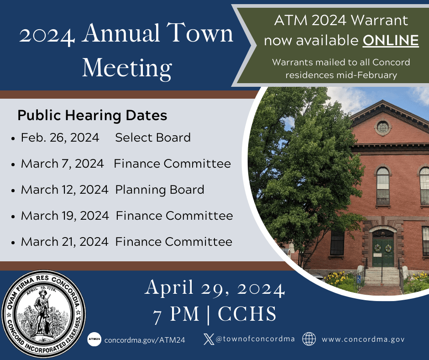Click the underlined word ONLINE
pos(391,41)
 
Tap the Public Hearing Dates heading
pos(92,116)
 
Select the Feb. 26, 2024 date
pos(60,138)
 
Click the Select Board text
pos(153,138)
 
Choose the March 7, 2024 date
pos(62,164)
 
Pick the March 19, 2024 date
pos(65,216)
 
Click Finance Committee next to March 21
pos(173,242)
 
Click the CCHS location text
pos(247,314)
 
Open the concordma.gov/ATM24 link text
pos(145,340)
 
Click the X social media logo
pos(208,339)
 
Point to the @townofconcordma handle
pos(255,339)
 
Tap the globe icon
pos(309,339)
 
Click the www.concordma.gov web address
pos(363,339)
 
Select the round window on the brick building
pos(383,127)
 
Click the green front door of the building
pos(382,253)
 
